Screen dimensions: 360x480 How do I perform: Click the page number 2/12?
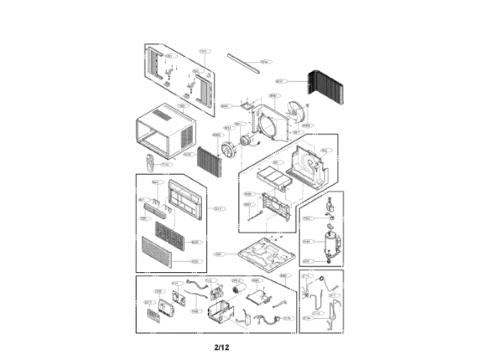coord(220,347)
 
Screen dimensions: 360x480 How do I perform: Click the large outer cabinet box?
coord(163,132)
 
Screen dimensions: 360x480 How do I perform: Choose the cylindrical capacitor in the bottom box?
coord(241,291)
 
